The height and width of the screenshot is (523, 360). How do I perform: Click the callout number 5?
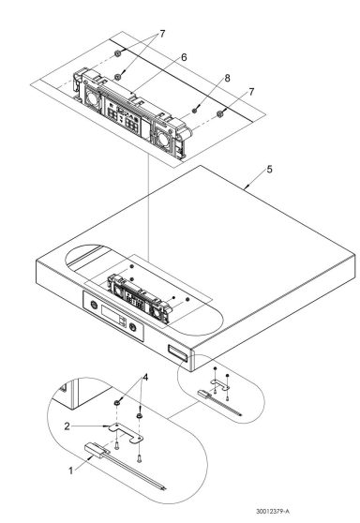269,170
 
